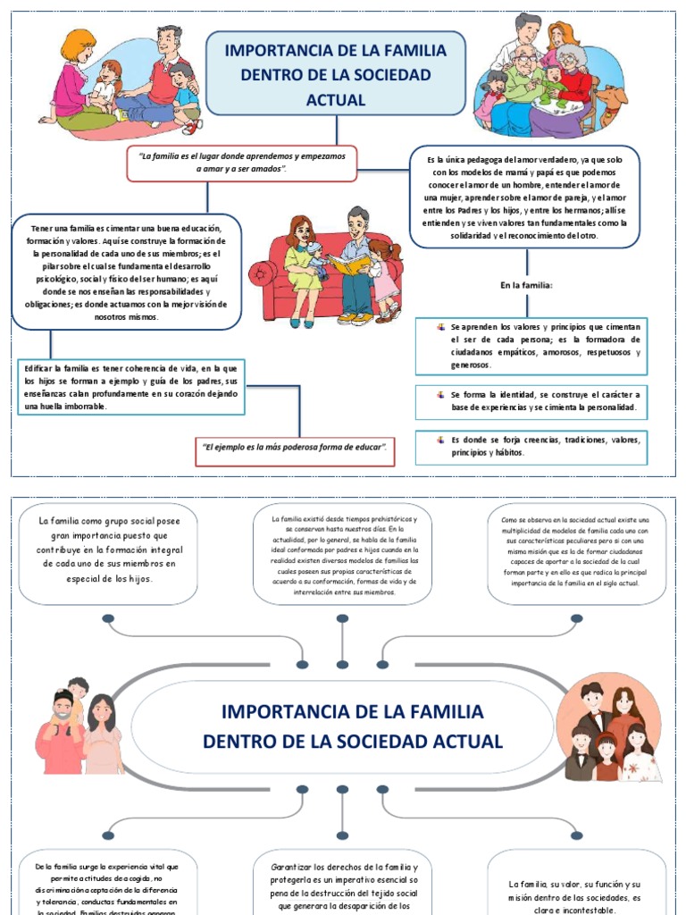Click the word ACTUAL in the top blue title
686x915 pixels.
(x=335, y=100)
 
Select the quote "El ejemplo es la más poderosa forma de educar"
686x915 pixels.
(x=295, y=447)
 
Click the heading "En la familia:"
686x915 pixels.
(x=527, y=285)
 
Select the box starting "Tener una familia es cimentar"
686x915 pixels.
(x=127, y=273)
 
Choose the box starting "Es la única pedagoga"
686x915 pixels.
(x=525, y=197)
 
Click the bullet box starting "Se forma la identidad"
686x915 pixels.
(x=531, y=400)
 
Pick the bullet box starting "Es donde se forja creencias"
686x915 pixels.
(x=531, y=446)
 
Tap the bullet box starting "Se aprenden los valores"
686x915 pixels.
(x=531, y=346)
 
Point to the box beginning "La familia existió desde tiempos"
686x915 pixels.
(x=343, y=554)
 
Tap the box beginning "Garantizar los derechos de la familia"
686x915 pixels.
(x=343, y=885)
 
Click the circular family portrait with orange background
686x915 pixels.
(x=609, y=728)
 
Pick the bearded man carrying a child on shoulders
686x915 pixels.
(x=63, y=728)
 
